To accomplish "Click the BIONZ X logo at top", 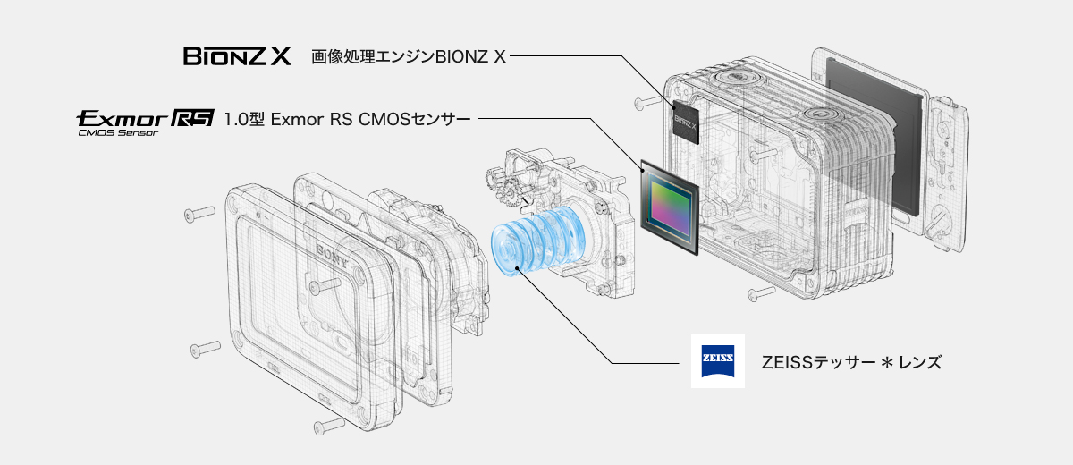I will tap(237, 58).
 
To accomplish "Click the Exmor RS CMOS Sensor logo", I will tap(145, 121).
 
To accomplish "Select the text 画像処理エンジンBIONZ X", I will tap(409, 58).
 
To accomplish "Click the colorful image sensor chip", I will tap(668, 204).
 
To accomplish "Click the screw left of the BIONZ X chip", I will tap(644, 103).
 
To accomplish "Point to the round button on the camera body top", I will tap(818, 117).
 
